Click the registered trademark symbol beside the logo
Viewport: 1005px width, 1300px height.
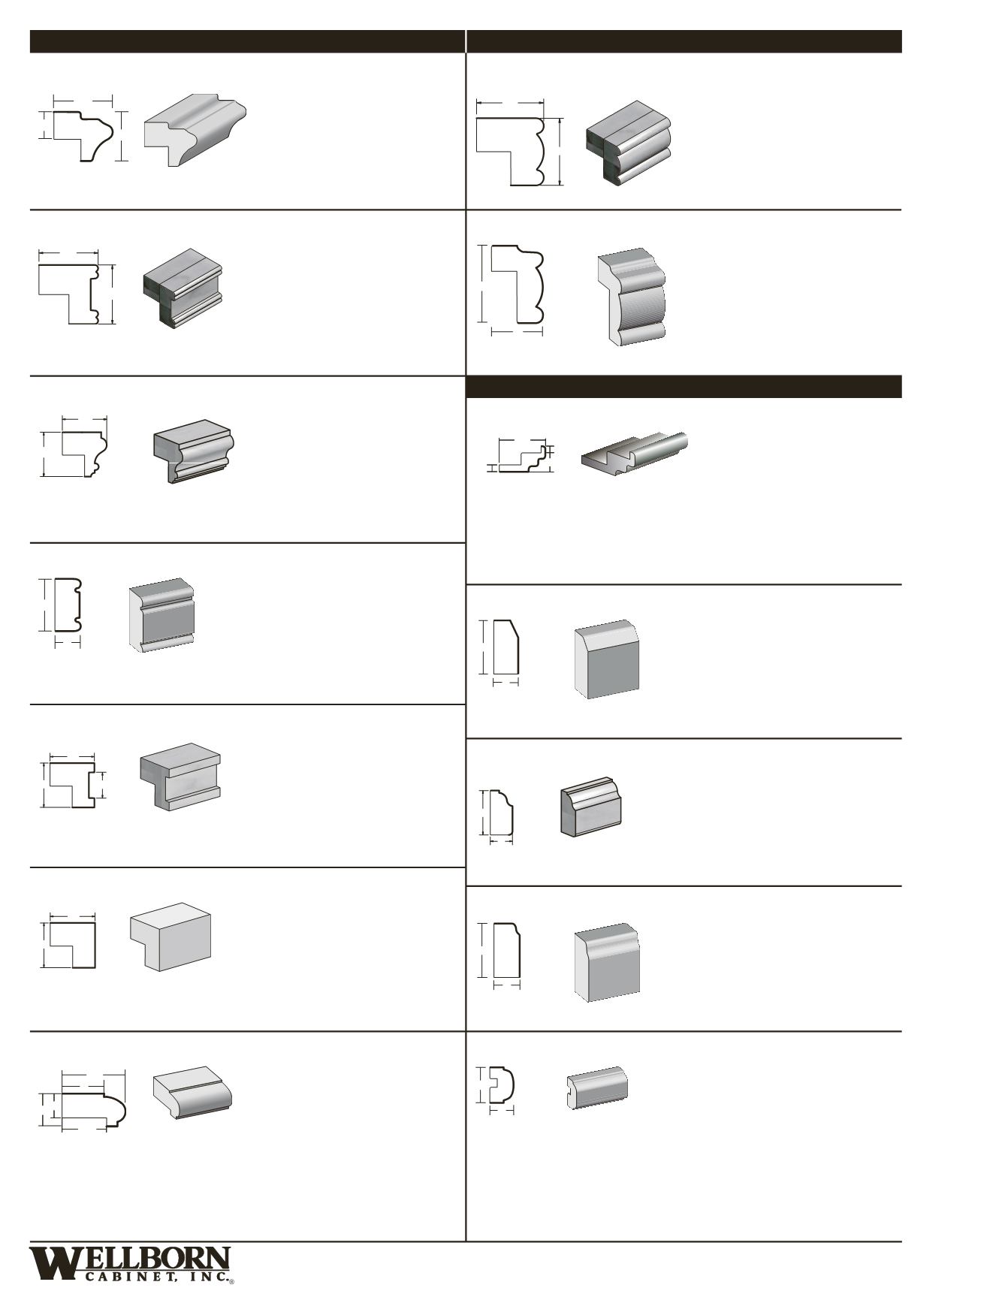coord(232,1281)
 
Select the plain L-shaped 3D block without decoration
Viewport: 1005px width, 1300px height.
coord(171,937)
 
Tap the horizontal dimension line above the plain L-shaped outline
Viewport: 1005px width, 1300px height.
coord(73,915)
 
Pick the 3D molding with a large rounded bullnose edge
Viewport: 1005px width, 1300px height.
coord(193,1092)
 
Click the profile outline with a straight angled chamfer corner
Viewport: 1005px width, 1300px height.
coord(507,647)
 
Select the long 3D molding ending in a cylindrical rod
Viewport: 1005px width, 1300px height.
coord(635,453)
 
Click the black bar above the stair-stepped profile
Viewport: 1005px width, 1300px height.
coord(684,387)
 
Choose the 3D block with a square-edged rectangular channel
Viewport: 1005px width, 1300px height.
coord(180,777)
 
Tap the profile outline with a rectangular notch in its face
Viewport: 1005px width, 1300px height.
coord(72,786)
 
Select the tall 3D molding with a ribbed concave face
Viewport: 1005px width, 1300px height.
coord(632,297)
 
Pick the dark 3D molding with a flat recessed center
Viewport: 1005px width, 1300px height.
coord(183,288)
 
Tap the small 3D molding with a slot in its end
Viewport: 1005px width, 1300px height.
coord(597,1087)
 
